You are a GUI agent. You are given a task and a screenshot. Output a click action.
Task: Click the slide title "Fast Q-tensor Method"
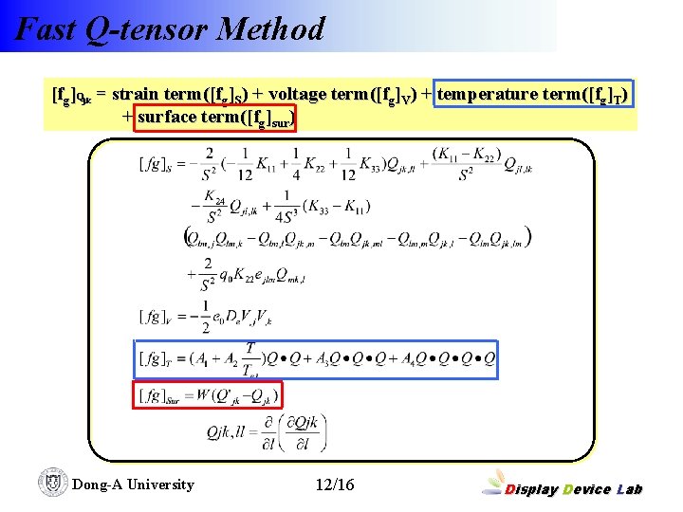point(171,28)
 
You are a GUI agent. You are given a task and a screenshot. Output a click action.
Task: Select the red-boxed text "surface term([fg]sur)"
point(216,118)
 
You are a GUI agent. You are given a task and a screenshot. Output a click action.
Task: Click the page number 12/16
point(334,485)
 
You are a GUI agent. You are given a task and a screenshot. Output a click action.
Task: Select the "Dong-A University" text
point(133,485)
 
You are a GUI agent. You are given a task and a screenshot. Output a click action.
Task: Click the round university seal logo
point(53,483)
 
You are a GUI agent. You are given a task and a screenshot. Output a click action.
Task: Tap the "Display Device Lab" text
point(574,489)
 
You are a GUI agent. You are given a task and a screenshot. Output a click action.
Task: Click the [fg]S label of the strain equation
point(160,165)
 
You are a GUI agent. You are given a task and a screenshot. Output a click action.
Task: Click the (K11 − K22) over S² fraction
point(466,165)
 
